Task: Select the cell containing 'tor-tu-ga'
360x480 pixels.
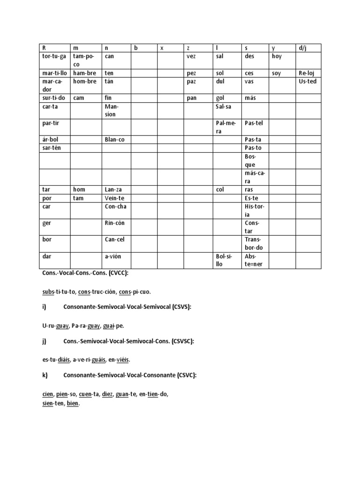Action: pos(53,56)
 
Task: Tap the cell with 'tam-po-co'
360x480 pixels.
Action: pos(84,60)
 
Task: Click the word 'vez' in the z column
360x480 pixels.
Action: pos(191,56)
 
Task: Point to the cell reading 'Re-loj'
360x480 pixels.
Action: pos(307,74)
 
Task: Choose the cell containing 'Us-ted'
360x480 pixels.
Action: pos(307,82)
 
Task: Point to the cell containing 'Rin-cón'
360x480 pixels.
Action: pos(115,223)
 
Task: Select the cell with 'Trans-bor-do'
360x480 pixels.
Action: pos(254,244)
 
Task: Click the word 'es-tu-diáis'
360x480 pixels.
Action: pos(56,360)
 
